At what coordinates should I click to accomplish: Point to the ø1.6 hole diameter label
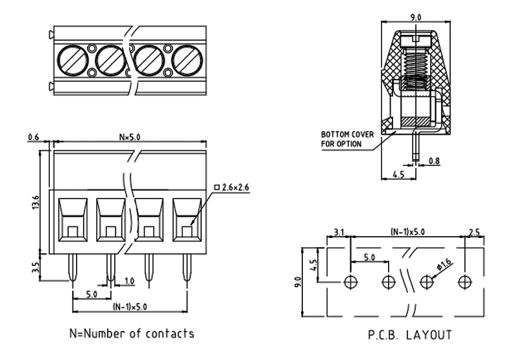pyautogui.click(x=444, y=265)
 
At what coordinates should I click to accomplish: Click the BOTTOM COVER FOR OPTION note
pyautogui.click(x=347, y=138)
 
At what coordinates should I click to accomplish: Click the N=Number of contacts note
pyautogui.click(x=132, y=334)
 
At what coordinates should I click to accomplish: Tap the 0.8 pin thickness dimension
pyautogui.click(x=434, y=160)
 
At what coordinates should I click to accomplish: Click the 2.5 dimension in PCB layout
pyautogui.click(x=474, y=232)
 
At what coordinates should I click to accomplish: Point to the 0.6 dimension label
pyautogui.click(x=34, y=136)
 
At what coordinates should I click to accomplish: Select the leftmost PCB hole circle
pyautogui.click(x=351, y=282)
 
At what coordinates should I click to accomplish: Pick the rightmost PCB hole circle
pyautogui.click(x=464, y=282)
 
